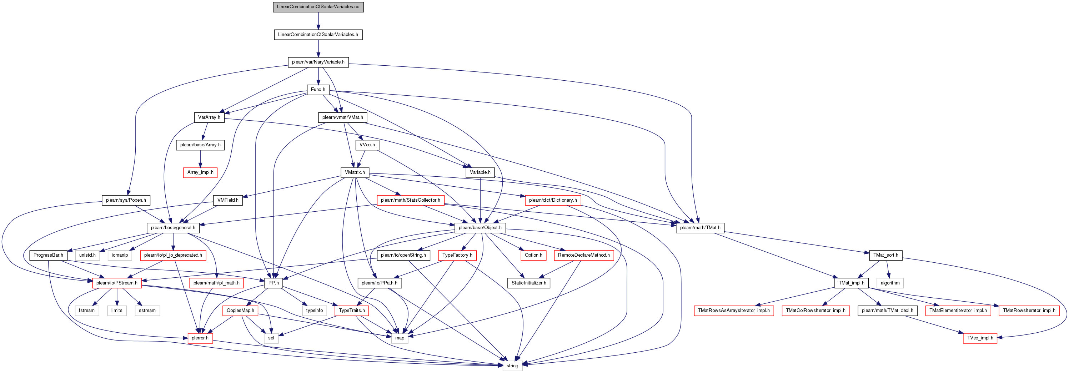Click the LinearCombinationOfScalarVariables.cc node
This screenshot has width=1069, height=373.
318,7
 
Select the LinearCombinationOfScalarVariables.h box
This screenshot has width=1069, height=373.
318,34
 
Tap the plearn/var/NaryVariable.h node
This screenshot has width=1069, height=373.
318,62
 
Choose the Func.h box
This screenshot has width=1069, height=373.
318,90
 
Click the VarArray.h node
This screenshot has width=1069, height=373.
209,117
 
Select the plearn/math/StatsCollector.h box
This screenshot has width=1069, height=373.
410,200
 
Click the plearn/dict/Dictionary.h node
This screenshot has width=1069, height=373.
553,200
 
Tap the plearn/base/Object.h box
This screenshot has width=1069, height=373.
480,228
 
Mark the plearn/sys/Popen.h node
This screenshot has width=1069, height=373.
126,200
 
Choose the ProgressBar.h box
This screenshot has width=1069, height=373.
49,255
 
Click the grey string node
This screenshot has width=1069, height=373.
512,366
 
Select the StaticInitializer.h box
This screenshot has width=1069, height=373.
529,283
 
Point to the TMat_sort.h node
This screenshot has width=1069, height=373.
885,255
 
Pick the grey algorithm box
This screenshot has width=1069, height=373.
890,283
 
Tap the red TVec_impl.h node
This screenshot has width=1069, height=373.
980,338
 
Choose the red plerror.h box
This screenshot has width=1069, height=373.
200,338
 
